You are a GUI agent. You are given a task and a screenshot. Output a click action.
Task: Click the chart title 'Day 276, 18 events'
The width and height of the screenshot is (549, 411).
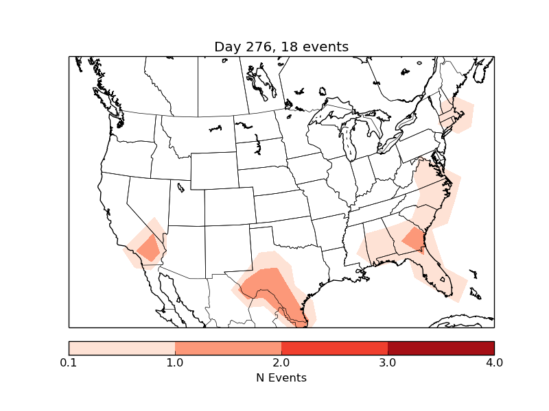[281, 47]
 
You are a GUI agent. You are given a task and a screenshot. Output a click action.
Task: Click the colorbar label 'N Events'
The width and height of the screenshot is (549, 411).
[281, 377]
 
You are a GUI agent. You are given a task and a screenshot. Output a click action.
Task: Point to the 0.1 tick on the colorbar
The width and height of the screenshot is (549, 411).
[69, 362]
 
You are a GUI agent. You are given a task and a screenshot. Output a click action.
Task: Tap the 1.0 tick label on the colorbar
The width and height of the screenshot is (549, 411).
[175, 362]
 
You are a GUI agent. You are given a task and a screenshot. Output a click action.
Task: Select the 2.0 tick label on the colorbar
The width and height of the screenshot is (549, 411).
[281, 362]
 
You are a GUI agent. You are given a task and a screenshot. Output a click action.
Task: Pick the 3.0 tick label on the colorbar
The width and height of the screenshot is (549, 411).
[388, 362]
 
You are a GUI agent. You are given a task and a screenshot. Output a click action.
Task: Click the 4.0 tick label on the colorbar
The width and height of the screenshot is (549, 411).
[494, 362]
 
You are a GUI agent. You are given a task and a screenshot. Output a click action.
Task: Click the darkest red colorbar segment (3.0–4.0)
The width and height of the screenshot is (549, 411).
[441, 347]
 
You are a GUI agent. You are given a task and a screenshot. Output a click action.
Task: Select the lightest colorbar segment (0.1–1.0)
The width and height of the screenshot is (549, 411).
[122, 347]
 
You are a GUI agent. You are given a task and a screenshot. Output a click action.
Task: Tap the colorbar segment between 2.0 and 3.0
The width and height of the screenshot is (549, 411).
[334, 347]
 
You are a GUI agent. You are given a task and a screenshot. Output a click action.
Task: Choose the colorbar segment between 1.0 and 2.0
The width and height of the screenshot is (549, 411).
[228, 347]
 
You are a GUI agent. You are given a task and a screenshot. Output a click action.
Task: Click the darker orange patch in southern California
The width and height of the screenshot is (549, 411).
[149, 248]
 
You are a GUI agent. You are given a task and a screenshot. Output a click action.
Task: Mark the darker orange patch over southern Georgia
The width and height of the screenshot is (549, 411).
[414, 239]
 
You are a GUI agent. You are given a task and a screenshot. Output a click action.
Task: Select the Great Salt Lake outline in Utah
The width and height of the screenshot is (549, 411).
[180, 186]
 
